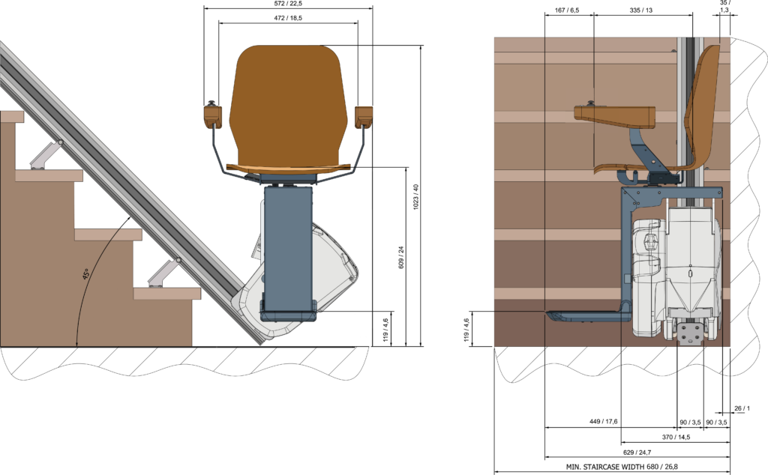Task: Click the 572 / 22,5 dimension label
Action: click(288, 4)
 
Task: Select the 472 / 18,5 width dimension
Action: click(288, 18)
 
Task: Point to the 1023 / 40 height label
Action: click(415, 197)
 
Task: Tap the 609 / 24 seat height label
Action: click(401, 257)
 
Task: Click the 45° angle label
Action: click(86, 274)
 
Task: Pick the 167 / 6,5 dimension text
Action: click(568, 10)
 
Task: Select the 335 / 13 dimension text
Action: click(641, 10)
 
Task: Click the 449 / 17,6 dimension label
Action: click(603, 422)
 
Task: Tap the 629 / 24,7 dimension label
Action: click(637, 452)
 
